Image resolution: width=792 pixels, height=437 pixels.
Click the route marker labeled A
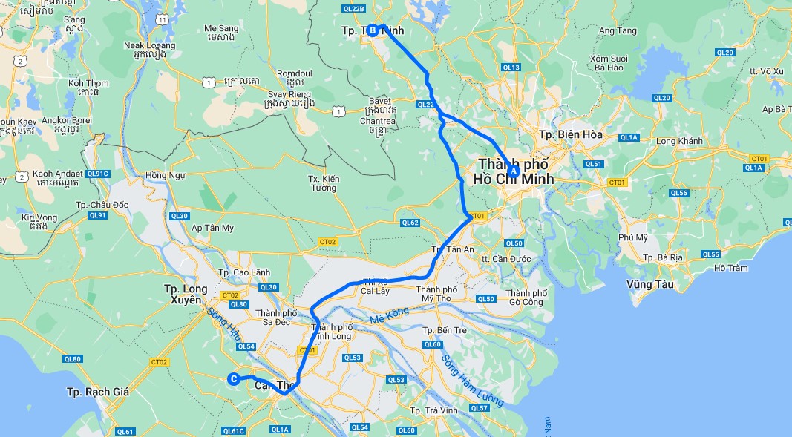coord(512,171)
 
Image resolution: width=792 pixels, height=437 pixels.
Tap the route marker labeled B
coord(372,30)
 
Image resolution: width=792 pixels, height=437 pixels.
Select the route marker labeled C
coord(233,379)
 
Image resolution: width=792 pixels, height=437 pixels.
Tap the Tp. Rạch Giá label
coord(98,391)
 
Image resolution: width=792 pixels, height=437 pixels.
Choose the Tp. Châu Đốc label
coord(102,205)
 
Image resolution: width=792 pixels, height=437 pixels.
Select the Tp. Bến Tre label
coord(448,330)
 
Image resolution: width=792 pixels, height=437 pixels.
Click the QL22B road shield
coord(355,9)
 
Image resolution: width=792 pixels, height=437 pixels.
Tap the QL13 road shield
coord(511,68)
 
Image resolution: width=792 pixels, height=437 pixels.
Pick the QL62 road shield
coord(410,223)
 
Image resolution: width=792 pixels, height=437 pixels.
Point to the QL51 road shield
coord(593,164)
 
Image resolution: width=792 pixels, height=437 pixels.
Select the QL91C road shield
coord(97,174)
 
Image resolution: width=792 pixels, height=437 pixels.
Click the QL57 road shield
coord(480,408)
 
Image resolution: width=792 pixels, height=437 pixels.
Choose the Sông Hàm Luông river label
coord(472,381)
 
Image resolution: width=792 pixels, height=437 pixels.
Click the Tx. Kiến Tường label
coord(324,183)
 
